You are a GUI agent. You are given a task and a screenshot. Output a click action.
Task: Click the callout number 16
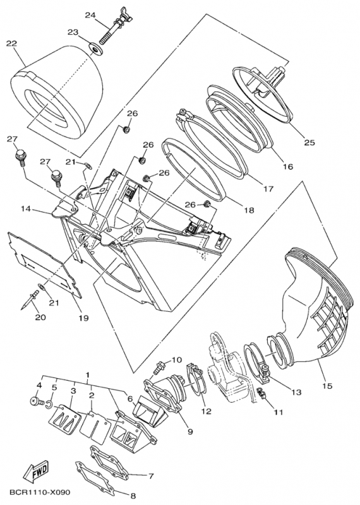click(x=287, y=167)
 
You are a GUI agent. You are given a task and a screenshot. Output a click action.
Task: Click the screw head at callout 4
click(x=33, y=400)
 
